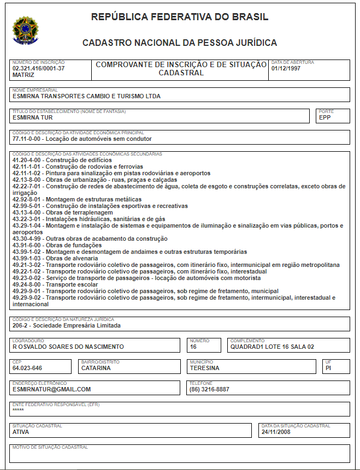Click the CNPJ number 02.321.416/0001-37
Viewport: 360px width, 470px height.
coord(39,69)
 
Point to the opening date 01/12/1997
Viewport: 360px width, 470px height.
coord(286,69)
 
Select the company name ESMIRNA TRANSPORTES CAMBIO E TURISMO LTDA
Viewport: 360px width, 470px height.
coord(86,97)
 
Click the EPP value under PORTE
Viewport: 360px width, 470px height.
coord(326,117)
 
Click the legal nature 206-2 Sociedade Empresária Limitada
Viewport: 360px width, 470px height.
coord(66,325)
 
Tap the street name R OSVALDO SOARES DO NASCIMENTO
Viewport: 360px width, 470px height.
coord(68,347)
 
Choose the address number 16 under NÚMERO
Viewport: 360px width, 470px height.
coord(193,347)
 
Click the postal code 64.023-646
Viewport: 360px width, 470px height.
coord(27,368)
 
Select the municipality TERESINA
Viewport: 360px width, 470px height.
coord(204,368)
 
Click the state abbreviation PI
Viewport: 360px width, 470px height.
coord(329,368)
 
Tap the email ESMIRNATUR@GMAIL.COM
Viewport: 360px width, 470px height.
coord(51,389)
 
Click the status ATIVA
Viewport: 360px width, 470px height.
coord(21,432)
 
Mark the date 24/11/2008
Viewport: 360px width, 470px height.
coord(276,432)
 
